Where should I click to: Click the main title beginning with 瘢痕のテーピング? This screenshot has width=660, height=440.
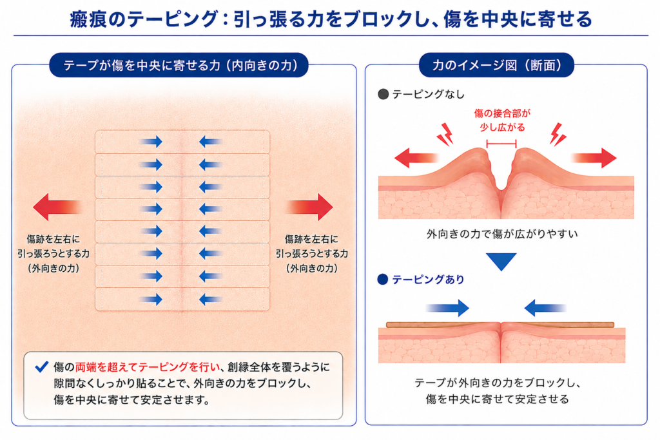331,19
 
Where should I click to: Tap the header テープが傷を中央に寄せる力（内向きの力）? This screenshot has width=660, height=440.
180,65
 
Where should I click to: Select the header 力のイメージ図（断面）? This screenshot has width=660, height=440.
497,65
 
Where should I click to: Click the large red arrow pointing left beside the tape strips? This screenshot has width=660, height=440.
57,207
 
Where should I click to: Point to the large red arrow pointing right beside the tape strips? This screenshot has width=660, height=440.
310,207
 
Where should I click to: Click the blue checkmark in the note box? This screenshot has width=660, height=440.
42,367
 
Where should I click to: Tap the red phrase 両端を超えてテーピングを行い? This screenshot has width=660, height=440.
148,367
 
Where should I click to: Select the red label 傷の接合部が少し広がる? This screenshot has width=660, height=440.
502,120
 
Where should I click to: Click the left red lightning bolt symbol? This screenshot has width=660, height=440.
445,134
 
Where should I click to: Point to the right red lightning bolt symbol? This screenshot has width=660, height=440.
558,134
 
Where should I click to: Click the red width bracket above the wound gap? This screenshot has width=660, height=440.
501,144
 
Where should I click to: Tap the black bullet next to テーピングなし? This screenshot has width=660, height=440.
383,94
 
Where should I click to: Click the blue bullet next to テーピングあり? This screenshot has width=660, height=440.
383,280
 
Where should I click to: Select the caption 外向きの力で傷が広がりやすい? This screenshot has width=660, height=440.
501,234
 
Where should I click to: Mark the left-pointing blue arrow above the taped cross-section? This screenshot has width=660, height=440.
545,309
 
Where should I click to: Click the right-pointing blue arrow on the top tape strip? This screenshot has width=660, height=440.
151,142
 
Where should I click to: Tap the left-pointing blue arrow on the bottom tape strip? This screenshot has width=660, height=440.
211,300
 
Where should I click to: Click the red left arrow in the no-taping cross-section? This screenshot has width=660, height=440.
417,158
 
